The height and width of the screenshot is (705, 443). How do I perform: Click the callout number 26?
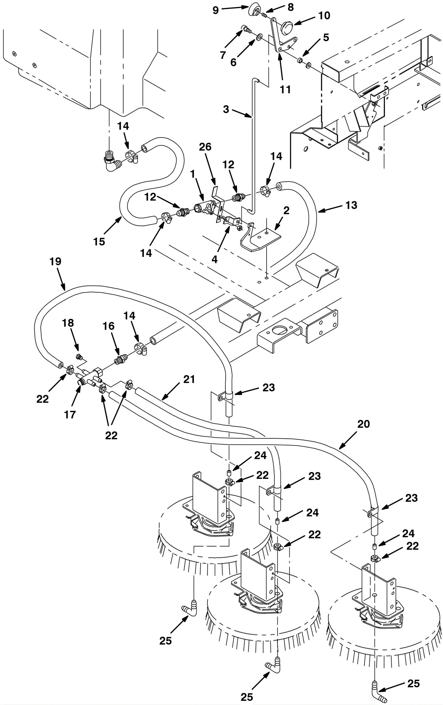205,147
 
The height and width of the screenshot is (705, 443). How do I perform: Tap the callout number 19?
55,262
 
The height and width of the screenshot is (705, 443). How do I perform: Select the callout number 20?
363,424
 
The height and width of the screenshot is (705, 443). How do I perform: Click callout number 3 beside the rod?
226,110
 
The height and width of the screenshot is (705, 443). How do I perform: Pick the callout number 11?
285,89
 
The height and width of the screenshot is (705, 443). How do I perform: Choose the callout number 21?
189,379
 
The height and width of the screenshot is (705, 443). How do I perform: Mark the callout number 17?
70,415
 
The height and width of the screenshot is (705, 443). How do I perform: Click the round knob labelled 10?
285,29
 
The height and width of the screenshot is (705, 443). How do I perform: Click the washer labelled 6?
259,37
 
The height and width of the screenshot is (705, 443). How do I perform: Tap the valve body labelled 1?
200,208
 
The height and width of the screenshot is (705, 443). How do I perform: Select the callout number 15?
99,242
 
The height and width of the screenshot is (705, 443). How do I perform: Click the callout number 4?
214,259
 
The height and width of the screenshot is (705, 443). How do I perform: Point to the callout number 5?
326,37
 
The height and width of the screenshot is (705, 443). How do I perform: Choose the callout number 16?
108,326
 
